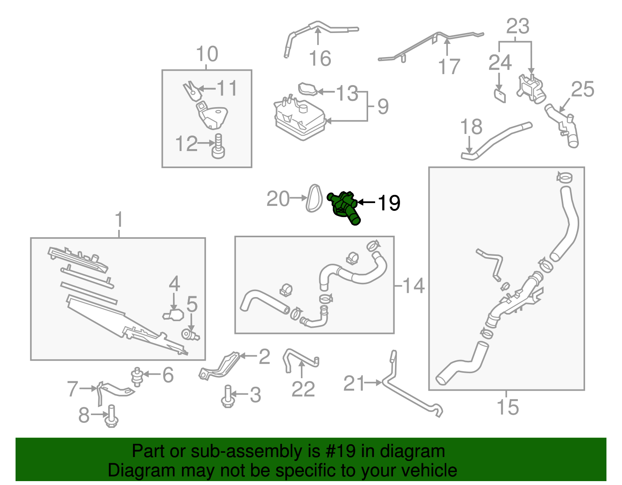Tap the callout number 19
pos(389,203)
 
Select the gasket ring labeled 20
pos(314,198)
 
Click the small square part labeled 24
pos(500,96)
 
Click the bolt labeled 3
pos(228,396)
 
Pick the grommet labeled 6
pos(137,377)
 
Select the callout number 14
pos(413,285)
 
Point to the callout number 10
pos(207,54)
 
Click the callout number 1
pos(119,219)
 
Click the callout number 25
pos(582,89)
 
